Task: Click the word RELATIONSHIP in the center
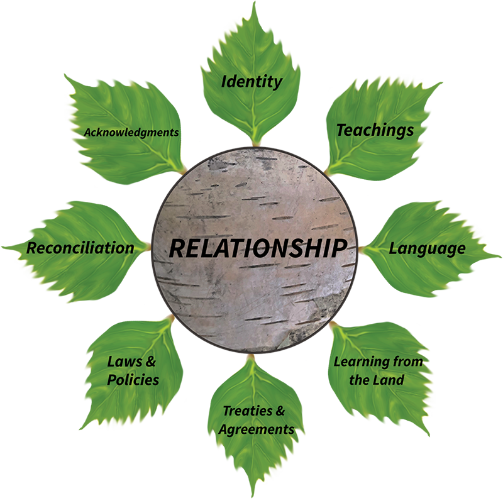[x=258, y=248]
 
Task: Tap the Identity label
[x=251, y=82]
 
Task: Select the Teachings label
[x=375, y=130]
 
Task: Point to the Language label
[x=427, y=248]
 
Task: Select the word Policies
[x=133, y=380]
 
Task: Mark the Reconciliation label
[x=80, y=248]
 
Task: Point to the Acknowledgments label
[x=131, y=133]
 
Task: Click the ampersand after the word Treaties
[x=280, y=412]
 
